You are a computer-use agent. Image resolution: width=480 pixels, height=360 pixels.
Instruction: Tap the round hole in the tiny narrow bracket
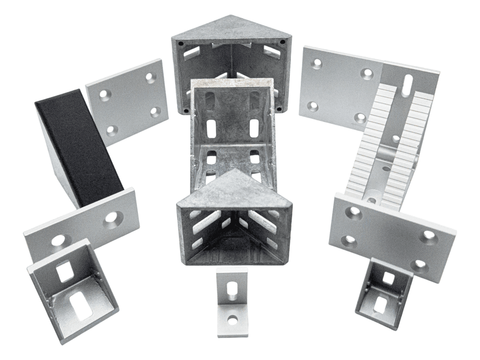click(233, 320)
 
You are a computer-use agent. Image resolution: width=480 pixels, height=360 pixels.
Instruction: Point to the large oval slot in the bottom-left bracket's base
click(80, 305)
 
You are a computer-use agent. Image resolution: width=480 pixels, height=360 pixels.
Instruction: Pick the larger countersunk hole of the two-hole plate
click(112, 218)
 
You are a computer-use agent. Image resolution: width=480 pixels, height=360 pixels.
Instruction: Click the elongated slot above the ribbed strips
click(407, 84)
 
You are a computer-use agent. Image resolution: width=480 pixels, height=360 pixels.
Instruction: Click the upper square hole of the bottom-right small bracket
click(388, 278)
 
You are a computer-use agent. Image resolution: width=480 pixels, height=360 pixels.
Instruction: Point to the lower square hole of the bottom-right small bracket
click(380, 304)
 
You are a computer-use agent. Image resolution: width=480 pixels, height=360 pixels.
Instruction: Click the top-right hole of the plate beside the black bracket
click(150, 77)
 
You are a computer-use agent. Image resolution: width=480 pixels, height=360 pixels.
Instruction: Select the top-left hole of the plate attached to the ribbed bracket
click(317, 63)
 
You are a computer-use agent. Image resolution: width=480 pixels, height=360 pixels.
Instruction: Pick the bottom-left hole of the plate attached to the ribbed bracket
click(313, 106)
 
